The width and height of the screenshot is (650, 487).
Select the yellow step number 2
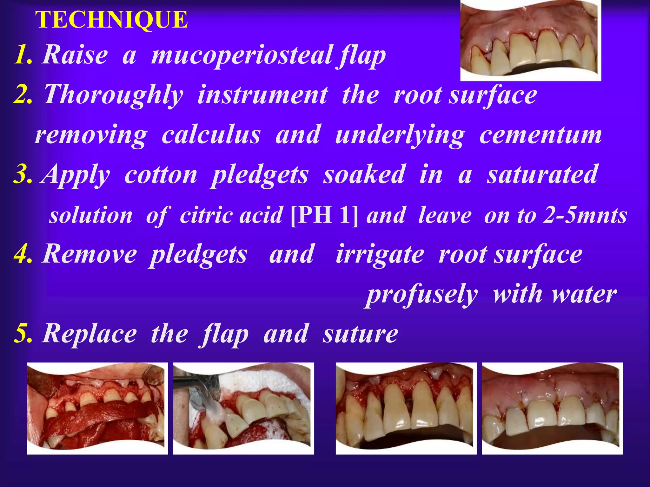point(23,94)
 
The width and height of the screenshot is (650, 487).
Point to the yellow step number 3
point(23,174)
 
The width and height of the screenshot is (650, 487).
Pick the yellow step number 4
point(23,254)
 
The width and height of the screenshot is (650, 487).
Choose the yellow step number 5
point(23,334)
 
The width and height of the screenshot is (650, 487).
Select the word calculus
point(211,135)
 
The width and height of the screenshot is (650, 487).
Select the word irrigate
point(380,254)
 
